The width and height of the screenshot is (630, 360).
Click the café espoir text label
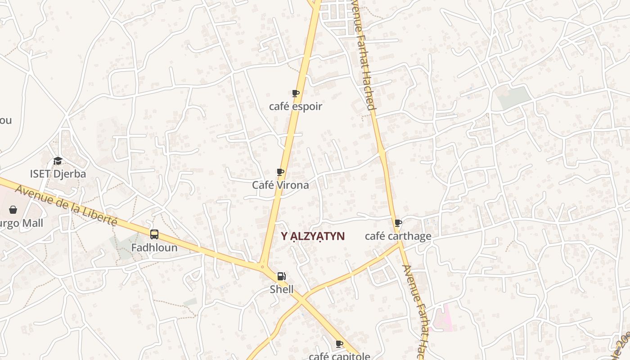296,107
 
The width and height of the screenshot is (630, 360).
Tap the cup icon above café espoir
296,93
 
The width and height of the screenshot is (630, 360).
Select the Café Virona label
280,185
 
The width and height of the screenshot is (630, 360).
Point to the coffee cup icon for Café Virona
280,172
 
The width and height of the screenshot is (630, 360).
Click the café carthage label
398,236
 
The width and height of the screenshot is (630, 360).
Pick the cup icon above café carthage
398,223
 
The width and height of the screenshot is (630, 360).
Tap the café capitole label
339,356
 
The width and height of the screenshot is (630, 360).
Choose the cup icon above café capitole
340,344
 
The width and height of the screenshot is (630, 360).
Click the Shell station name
282,289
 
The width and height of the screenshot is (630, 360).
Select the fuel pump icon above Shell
281,276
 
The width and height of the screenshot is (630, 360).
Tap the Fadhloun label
154,247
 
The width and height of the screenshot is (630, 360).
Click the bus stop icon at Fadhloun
154,234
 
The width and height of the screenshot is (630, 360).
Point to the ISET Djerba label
58,174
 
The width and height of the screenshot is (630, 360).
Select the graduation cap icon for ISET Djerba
58,161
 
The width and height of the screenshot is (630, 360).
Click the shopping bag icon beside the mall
13,210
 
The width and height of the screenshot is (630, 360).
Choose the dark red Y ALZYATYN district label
313,236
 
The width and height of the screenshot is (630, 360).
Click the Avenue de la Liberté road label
66,205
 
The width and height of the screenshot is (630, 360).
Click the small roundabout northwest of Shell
262,266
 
